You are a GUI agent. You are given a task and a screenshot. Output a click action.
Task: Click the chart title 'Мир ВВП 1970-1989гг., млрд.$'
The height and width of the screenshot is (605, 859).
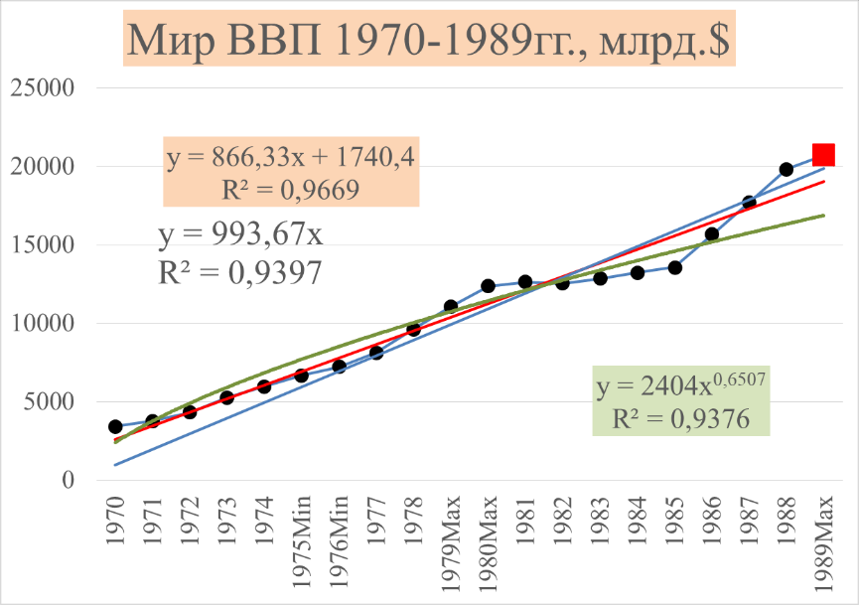(429, 42)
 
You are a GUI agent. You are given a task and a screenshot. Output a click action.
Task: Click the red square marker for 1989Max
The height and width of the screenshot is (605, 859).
(823, 154)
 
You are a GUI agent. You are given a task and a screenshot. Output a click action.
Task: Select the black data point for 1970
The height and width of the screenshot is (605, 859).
(115, 427)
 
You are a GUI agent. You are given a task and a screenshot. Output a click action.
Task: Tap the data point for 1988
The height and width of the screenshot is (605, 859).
(787, 169)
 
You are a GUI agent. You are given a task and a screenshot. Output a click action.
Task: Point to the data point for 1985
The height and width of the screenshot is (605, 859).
(674, 267)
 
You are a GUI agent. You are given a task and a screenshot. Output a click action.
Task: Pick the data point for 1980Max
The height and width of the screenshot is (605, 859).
(488, 286)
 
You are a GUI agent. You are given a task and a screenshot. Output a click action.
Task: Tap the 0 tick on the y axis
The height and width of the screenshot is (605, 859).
(69, 481)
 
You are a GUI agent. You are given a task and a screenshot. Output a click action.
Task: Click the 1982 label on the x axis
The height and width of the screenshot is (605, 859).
(562, 521)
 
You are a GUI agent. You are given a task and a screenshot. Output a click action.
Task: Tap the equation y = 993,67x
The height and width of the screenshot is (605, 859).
(239, 237)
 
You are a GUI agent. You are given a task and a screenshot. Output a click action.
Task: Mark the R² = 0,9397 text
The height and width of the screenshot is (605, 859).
(239, 271)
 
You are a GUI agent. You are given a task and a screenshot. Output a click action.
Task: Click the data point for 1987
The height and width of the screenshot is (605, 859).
(749, 203)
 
